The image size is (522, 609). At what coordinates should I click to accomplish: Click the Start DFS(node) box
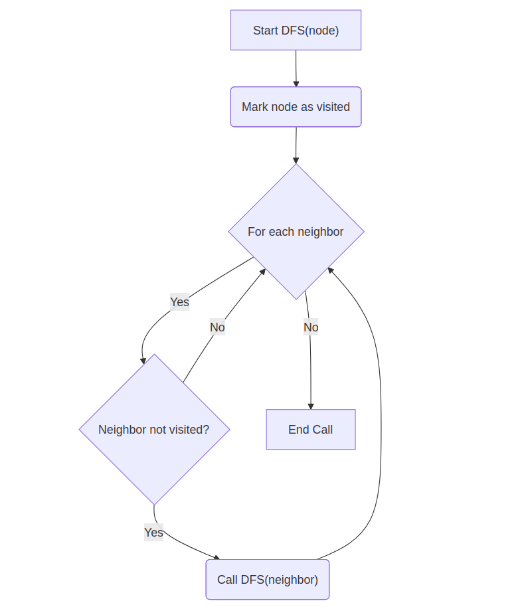tap(296, 30)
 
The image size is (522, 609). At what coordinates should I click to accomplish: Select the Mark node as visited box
tap(296, 107)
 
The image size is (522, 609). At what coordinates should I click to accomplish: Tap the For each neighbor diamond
tap(296, 232)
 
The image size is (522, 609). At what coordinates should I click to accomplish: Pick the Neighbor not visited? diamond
tap(154, 430)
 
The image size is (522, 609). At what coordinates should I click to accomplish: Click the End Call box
tap(310, 430)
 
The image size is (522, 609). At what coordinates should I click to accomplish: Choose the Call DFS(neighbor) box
tap(267, 580)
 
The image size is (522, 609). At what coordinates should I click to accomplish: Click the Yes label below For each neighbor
tap(179, 302)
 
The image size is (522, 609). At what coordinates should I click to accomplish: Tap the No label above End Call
tap(311, 327)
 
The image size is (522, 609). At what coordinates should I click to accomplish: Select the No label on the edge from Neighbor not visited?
tap(217, 327)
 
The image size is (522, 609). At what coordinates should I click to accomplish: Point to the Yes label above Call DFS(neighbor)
tap(153, 533)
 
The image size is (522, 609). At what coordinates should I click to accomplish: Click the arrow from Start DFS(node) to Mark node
tap(296, 68)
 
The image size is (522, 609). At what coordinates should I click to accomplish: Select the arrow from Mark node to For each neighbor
tap(296, 145)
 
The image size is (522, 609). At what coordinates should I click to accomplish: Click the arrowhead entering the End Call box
tap(310, 406)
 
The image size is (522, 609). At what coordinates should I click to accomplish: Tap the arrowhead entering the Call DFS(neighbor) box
tap(216, 557)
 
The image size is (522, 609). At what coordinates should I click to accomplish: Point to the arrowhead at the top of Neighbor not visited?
tap(143, 361)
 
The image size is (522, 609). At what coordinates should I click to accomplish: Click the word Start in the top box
tap(266, 31)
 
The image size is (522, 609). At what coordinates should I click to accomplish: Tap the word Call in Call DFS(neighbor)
tap(227, 580)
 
